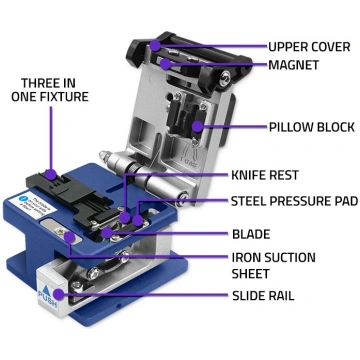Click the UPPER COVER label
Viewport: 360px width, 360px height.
tap(309, 47)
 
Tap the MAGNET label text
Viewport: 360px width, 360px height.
tap(293, 65)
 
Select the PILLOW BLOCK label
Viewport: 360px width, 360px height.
tap(312, 127)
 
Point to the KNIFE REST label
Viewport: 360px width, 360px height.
tap(265, 175)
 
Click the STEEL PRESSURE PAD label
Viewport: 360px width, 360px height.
tap(294, 201)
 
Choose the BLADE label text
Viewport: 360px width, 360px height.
tap(251, 234)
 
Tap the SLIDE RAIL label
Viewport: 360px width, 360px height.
tap(263, 295)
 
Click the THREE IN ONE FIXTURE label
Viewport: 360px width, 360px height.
tap(50, 90)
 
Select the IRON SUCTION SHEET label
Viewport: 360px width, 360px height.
tap(274, 266)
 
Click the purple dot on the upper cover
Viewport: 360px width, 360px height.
tap(155, 46)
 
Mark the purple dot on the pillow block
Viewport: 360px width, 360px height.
tap(198, 126)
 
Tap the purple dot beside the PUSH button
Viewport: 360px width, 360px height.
tap(59, 294)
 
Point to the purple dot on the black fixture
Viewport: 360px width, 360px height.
tap(51, 174)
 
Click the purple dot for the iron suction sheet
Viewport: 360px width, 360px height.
tap(69, 237)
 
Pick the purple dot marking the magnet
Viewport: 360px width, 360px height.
tap(165, 64)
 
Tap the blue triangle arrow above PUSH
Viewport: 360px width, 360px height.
tap(46, 287)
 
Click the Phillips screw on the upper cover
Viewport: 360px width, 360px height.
tap(224, 78)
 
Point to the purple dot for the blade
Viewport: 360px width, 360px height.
tap(106, 233)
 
